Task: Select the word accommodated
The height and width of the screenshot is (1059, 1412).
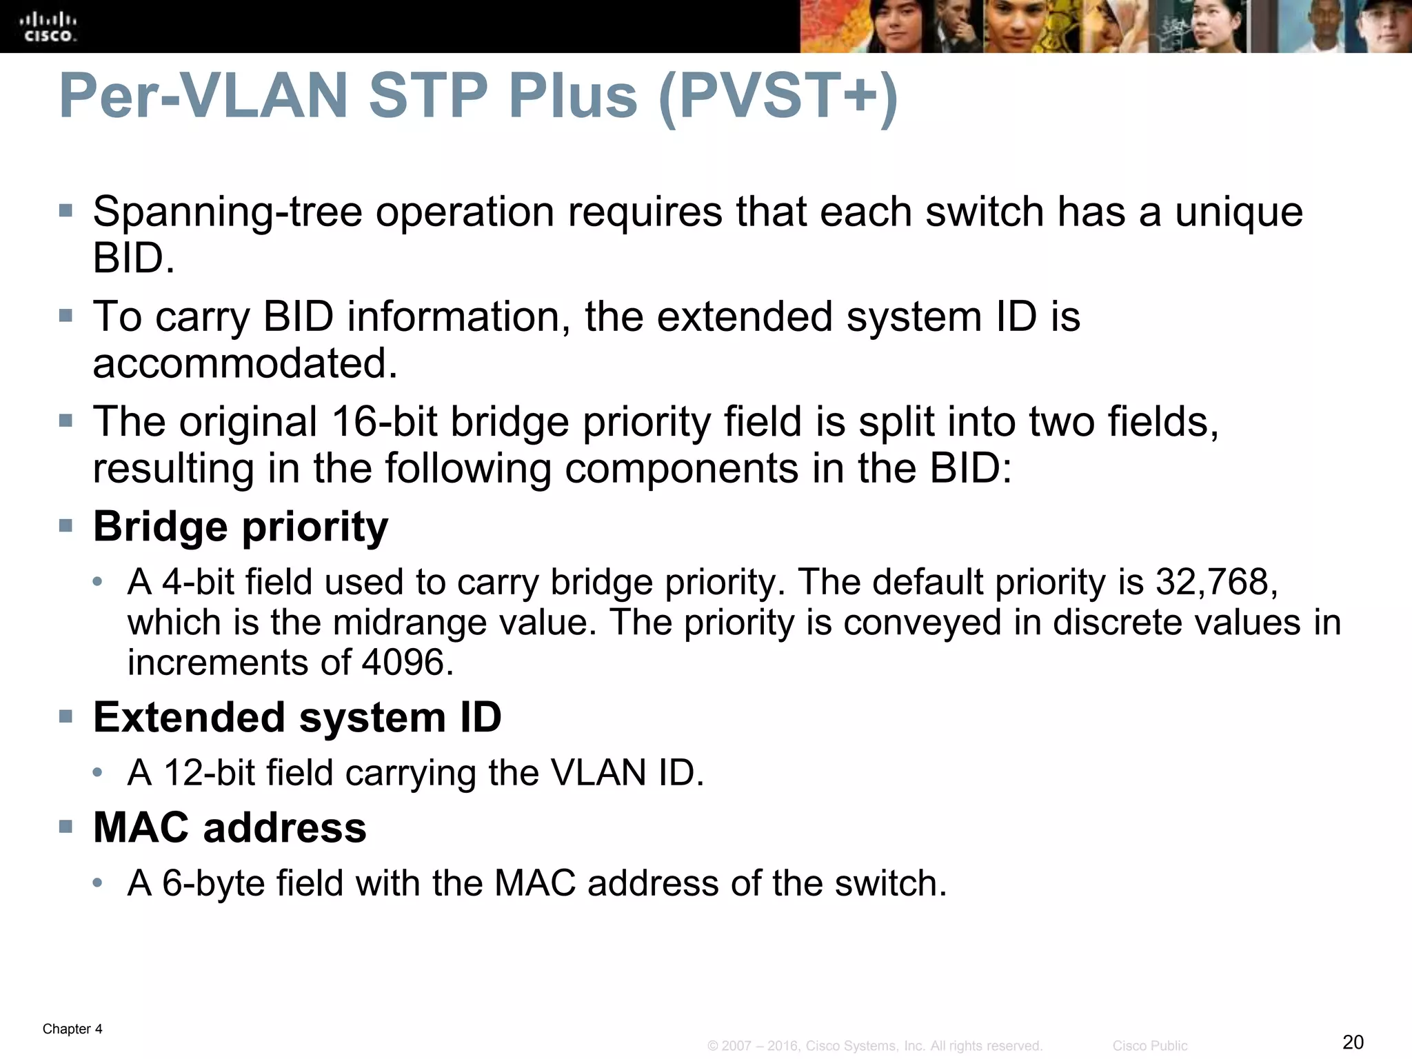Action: click(245, 363)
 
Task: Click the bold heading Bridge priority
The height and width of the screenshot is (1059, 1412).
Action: click(241, 527)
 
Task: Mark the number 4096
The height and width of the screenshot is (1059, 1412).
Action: click(407, 663)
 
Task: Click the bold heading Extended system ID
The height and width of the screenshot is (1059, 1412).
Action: click(297, 717)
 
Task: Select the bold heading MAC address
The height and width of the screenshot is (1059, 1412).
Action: click(230, 827)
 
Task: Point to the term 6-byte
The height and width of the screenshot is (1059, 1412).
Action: click(213, 883)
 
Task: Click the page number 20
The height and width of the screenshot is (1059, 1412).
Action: click(1353, 1042)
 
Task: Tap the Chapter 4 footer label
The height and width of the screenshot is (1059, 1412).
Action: click(72, 1029)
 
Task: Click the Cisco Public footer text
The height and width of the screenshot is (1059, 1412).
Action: click(1149, 1046)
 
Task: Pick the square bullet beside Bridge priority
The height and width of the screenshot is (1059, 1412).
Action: click(66, 527)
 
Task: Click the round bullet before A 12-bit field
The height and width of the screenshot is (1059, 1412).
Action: click(99, 773)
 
